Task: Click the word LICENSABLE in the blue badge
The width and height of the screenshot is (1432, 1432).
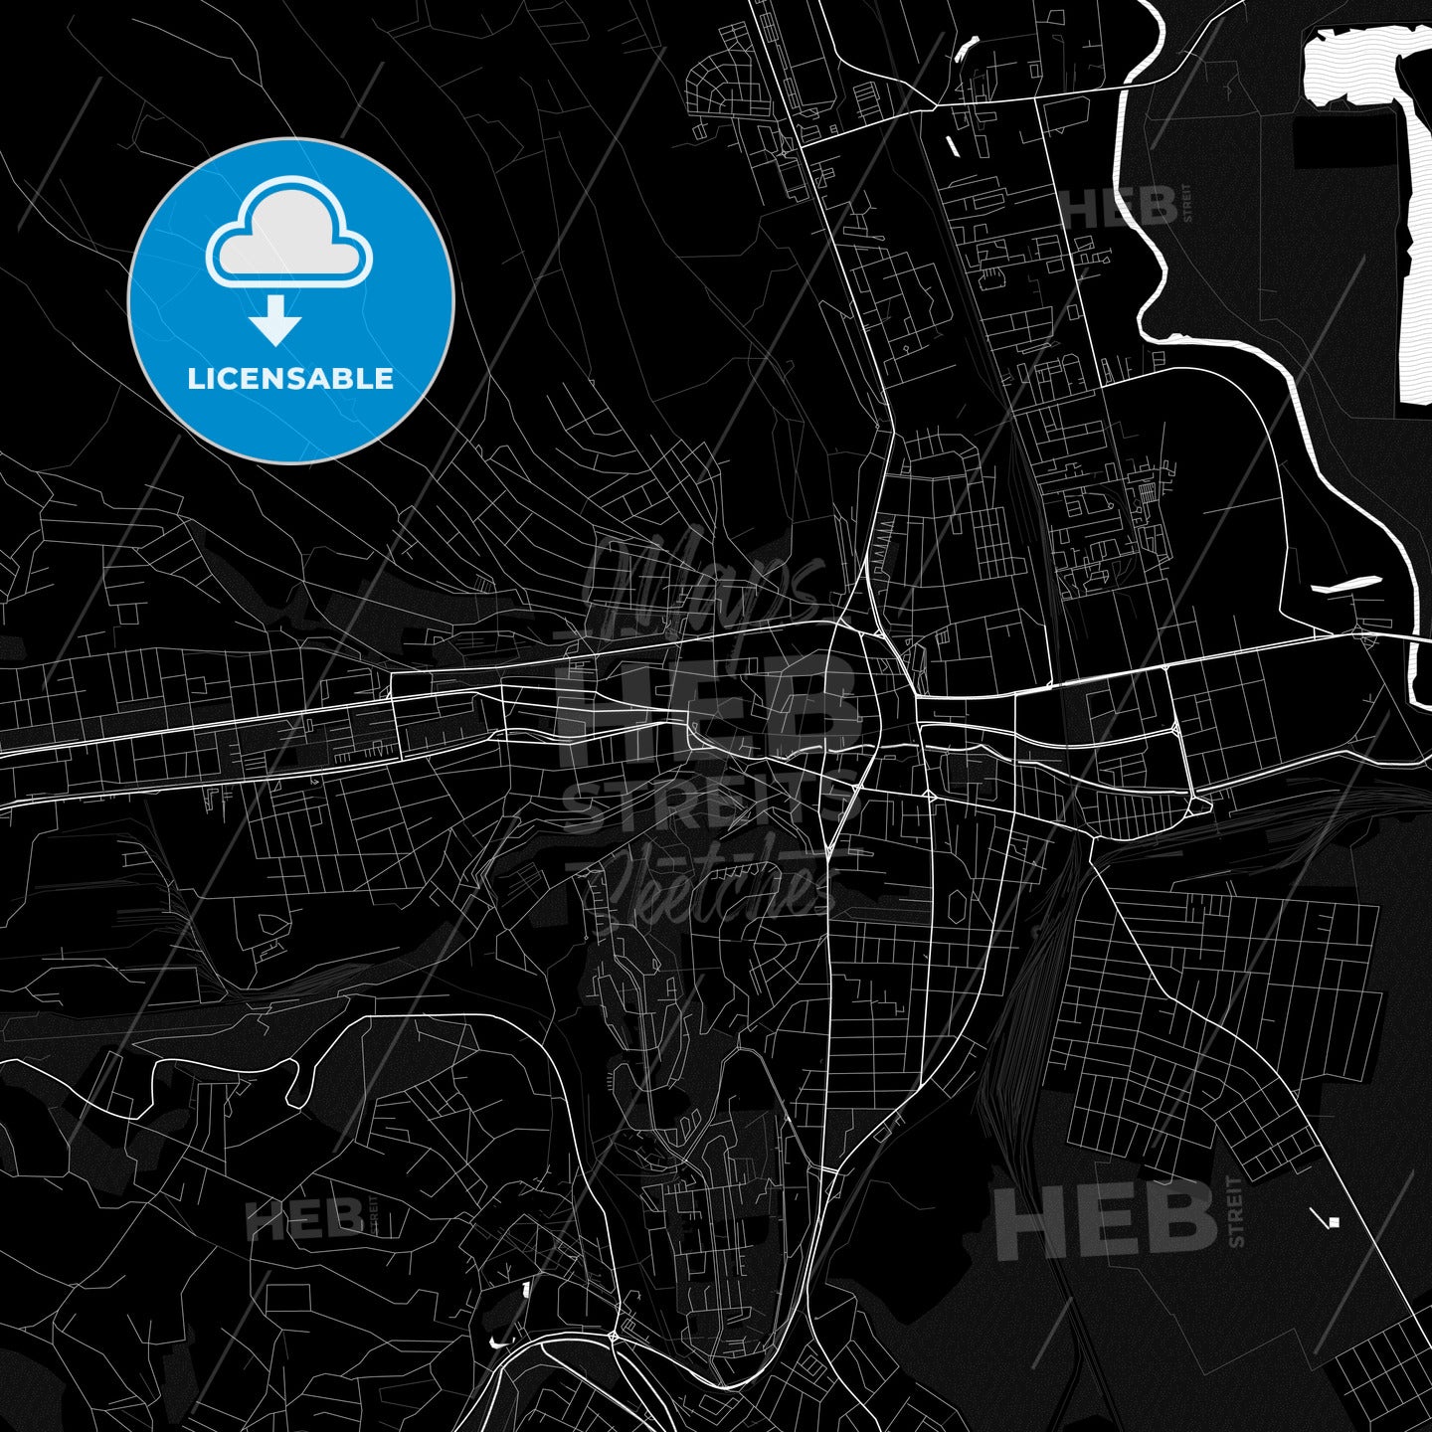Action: (290, 379)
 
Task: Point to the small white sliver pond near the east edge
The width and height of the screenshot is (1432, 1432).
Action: (1347, 586)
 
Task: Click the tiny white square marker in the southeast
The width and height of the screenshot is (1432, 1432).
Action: (1335, 1222)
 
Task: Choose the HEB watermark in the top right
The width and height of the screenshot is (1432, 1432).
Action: (1120, 207)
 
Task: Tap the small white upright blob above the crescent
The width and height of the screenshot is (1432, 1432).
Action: (524, 1290)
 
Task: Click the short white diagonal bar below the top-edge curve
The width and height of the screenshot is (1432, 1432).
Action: (952, 147)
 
